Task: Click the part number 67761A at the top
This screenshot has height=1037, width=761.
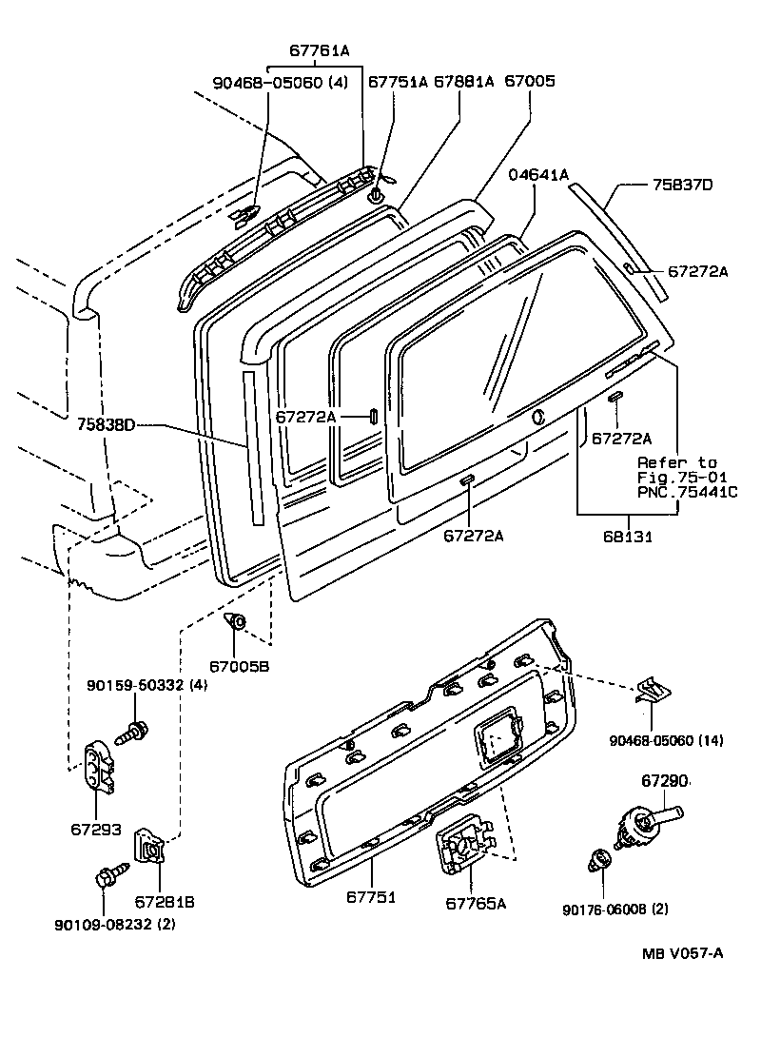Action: (x=320, y=51)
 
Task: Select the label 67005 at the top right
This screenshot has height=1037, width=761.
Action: (x=529, y=82)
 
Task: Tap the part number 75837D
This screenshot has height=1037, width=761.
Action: (x=681, y=185)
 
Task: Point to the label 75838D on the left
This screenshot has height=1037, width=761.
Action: (x=106, y=426)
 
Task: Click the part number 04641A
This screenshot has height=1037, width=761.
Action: (x=538, y=174)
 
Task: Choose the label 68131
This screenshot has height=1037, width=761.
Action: (x=627, y=537)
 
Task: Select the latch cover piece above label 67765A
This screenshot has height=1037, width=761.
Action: (x=463, y=846)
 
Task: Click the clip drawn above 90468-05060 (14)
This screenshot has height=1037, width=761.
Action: (x=652, y=694)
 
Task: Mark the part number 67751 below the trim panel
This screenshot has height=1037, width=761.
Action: (x=371, y=896)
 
